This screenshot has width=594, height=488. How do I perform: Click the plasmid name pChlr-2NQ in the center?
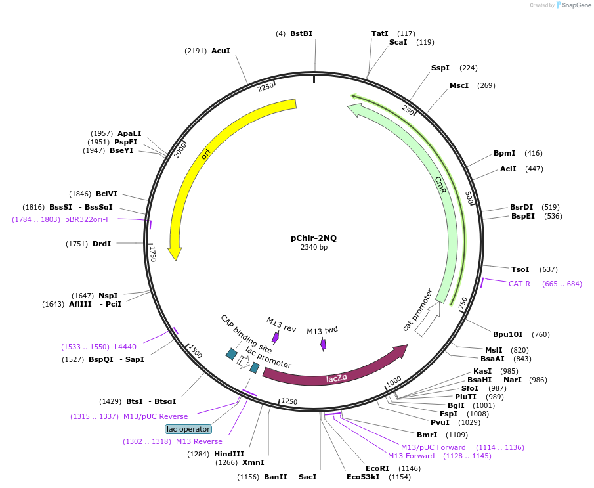pos(314,238)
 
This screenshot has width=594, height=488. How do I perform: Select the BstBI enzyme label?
pos(301,33)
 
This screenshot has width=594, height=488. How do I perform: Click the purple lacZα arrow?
pos(335,372)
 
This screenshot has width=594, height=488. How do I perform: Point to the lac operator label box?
pos(188,429)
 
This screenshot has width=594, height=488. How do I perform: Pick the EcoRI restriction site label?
pos(377,468)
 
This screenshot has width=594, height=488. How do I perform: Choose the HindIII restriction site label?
pos(229,454)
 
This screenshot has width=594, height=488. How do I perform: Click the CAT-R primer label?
pos(519,284)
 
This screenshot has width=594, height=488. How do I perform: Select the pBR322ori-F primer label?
pos(87,219)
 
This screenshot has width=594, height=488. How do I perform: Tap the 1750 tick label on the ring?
pos(153,254)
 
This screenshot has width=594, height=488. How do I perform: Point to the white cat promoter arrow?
pos(427,321)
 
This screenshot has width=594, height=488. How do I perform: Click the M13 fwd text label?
pos(322,330)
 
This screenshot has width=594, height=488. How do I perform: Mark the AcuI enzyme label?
pos(221,51)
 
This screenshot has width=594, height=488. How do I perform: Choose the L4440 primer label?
pos(125,346)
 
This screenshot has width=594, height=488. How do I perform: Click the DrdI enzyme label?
pos(102,244)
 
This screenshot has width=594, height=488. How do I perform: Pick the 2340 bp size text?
pos(314,248)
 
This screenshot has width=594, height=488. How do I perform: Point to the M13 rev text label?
pos(281,323)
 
